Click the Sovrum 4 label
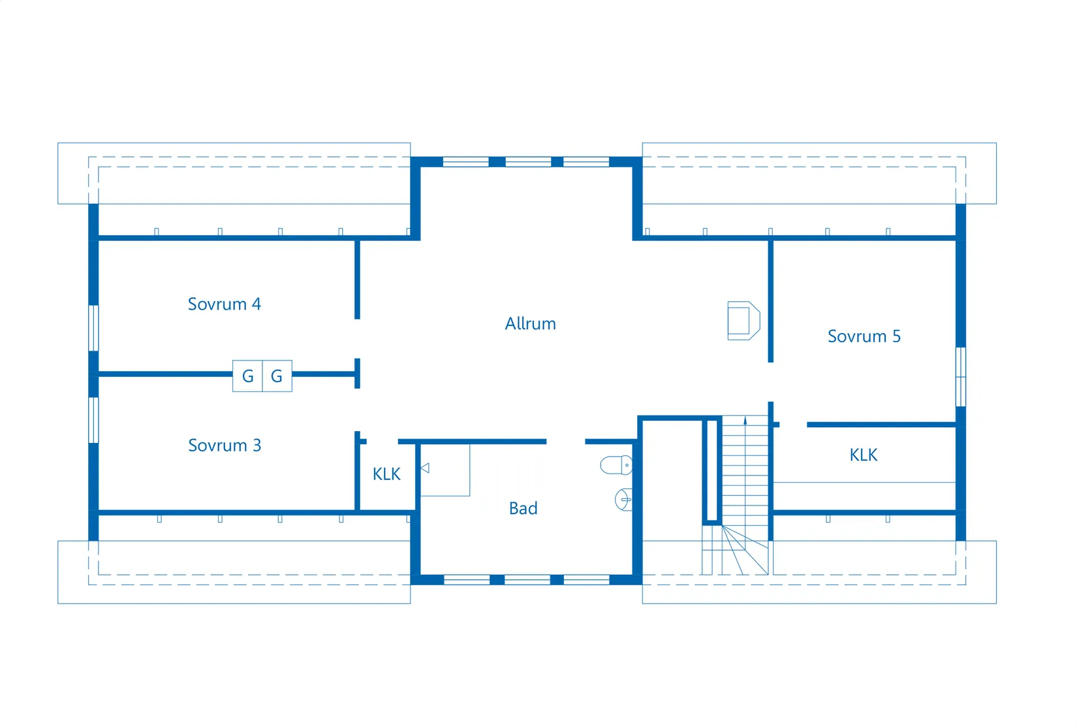click(x=224, y=304)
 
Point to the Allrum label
click(x=530, y=324)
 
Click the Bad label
click(x=523, y=509)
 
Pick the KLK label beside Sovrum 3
click(x=386, y=474)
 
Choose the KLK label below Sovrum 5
click(x=864, y=455)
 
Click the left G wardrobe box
click(x=247, y=376)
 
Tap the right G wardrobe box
click(x=277, y=376)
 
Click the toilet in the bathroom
click(x=616, y=466)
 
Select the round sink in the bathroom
click(x=623, y=500)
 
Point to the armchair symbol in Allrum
click(x=744, y=321)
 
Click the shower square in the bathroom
click(x=445, y=470)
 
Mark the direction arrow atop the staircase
click(x=745, y=421)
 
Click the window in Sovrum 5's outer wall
click(x=961, y=377)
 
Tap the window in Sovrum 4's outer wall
click(x=94, y=328)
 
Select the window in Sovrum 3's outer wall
click(x=94, y=421)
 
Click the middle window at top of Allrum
click(x=529, y=161)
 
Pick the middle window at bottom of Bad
click(x=527, y=580)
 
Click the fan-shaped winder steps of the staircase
click(x=740, y=550)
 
